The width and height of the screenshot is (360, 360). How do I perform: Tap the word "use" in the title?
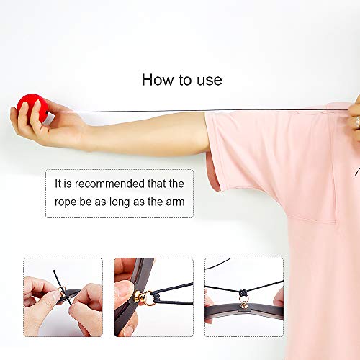click(209, 80)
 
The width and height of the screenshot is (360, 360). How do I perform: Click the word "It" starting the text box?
click(60, 184)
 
